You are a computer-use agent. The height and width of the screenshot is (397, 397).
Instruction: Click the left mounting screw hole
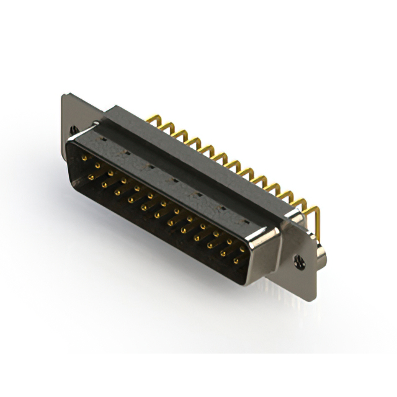coord(76,129)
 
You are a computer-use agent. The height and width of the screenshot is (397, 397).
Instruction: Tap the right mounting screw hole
coord(300,262)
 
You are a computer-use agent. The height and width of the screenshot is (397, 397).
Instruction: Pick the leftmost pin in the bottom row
coord(91,177)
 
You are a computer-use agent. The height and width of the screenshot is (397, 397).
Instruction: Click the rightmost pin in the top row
coord(243,249)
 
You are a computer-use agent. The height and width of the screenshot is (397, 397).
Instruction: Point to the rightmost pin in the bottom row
coord(236,261)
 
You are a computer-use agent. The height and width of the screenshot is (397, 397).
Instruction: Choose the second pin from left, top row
coord(97,166)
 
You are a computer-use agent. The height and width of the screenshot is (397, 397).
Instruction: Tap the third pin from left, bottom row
coord(117,192)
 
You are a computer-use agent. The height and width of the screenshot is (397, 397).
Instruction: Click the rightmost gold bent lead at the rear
coord(316,214)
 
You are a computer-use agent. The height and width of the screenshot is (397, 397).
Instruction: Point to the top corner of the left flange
coord(65,95)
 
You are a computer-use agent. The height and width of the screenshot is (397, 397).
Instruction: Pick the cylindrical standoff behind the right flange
coord(322,254)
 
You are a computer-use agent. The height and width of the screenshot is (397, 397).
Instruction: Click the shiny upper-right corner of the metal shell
coord(273,233)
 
